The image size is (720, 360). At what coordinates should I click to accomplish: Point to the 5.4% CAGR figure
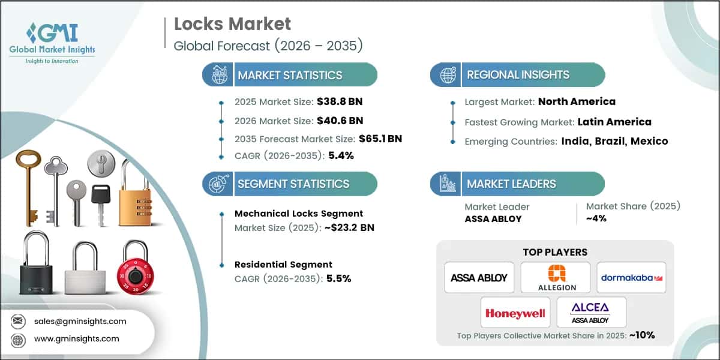click(341, 155)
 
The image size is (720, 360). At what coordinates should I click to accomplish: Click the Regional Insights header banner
click(518, 75)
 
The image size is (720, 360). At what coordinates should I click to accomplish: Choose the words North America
click(577, 101)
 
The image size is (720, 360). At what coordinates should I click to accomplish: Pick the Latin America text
click(614, 122)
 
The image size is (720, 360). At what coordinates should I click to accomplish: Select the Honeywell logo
click(515, 313)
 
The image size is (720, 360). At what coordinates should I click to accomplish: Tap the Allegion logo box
click(556, 277)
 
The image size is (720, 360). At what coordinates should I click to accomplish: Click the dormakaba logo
click(631, 277)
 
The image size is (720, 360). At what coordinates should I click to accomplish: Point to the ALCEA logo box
click(591, 312)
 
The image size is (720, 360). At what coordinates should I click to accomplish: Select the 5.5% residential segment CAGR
click(338, 278)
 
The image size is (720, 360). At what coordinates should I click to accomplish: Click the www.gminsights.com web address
click(77, 339)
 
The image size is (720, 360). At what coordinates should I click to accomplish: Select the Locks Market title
click(232, 24)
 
